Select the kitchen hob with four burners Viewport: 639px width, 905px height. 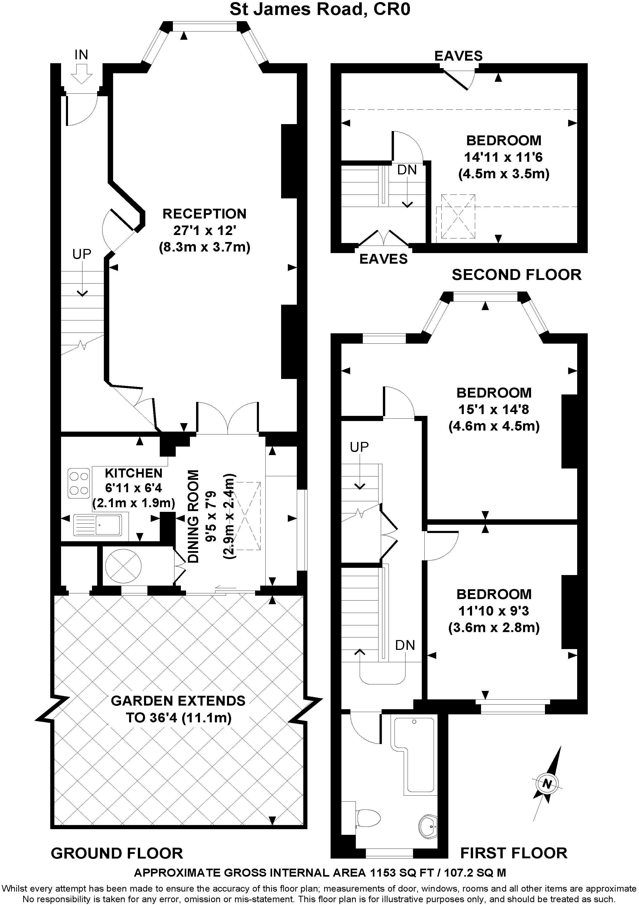(79, 483)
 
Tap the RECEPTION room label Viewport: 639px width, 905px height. (204, 214)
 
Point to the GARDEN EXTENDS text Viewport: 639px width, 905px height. (178, 701)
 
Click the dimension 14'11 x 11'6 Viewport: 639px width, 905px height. (503, 157)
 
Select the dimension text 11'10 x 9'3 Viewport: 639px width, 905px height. (494, 611)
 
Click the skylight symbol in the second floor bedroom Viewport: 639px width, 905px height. (458, 216)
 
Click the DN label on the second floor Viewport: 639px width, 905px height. (407, 170)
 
